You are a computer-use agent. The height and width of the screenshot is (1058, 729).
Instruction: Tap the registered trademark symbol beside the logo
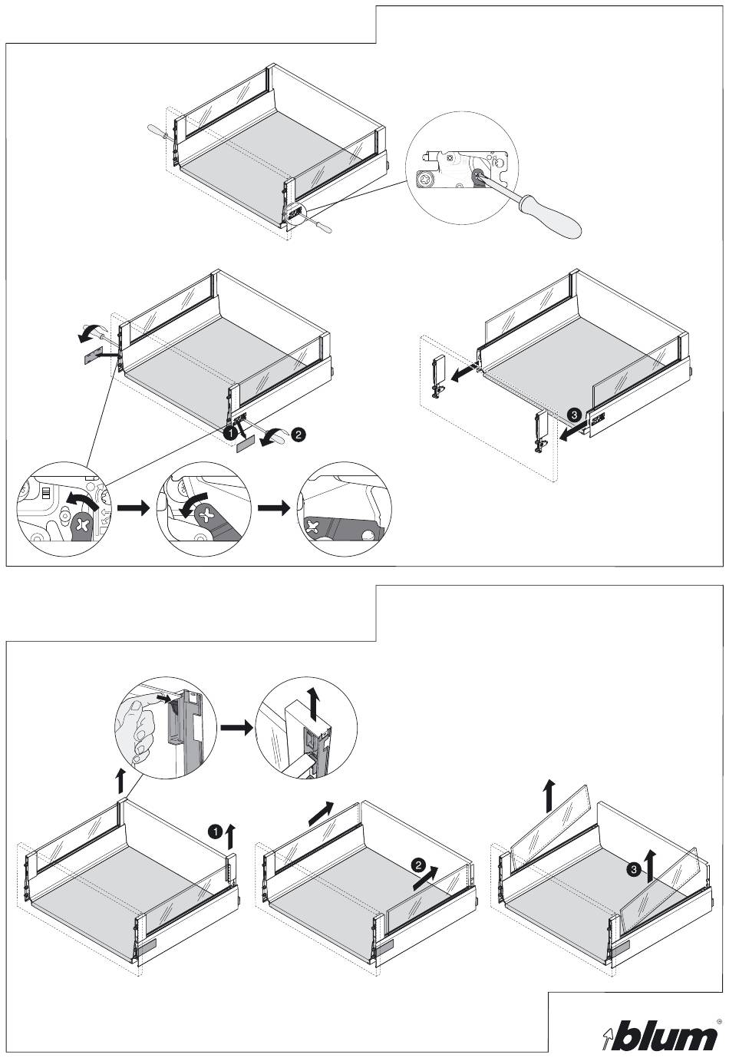click(719, 1022)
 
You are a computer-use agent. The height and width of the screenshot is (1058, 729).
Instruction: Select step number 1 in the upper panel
click(228, 434)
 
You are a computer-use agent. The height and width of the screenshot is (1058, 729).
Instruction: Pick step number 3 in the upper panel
click(573, 415)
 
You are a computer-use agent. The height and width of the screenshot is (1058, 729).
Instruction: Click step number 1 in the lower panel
click(216, 831)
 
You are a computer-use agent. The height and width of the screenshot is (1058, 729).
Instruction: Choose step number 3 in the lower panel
click(632, 870)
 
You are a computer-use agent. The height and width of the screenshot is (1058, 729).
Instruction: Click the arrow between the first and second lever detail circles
click(132, 508)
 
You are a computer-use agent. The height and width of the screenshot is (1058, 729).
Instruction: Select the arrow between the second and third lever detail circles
click(274, 508)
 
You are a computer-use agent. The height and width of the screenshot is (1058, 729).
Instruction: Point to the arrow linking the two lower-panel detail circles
click(236, 727)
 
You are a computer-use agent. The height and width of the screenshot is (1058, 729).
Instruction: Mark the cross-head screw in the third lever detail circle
click(312, 527)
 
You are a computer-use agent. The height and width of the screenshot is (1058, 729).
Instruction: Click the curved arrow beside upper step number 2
click(272, 435)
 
